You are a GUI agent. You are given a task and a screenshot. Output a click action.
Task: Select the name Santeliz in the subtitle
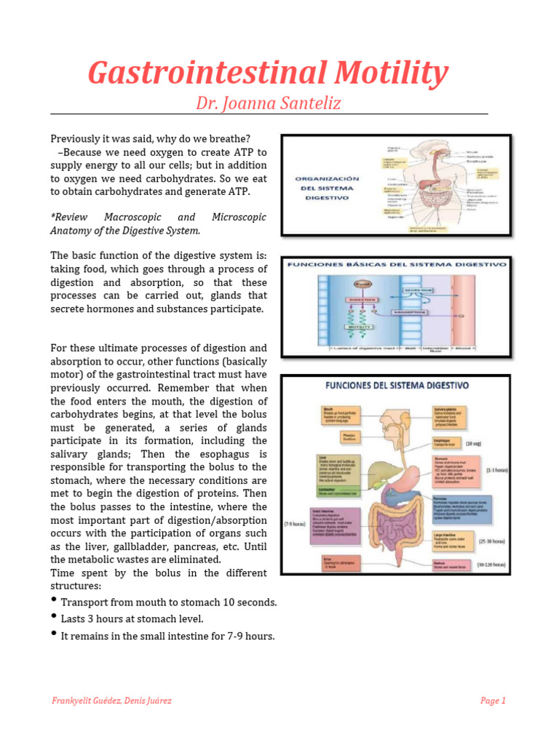click(306, 103)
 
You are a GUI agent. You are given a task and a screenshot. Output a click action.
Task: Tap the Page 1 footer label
click(493, 701)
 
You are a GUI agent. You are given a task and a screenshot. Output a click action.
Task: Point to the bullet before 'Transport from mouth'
click(55, 600)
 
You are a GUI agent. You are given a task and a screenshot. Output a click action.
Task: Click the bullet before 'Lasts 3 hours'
click(55, 617)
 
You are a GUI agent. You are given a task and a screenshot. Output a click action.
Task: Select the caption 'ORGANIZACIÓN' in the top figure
click(328, 178)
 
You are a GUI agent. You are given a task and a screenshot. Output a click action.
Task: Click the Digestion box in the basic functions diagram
click(341, 299)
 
